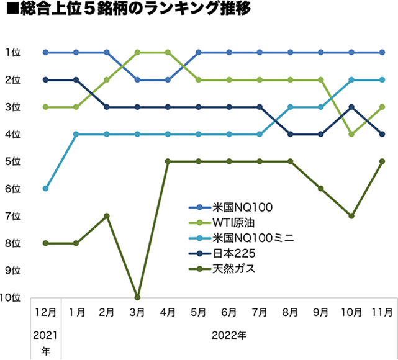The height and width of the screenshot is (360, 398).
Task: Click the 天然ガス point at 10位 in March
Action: (x=137, y=297)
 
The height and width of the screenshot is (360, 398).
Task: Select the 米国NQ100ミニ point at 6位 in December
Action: (x=45, y=188)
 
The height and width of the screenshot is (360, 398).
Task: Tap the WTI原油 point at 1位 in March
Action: (x=137, y=52)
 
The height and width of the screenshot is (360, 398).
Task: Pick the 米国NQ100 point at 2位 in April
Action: (x=168, y=79)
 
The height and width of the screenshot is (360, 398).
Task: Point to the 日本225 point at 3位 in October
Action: (x=351, y=107)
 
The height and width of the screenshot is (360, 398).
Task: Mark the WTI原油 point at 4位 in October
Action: (x=351, y=134)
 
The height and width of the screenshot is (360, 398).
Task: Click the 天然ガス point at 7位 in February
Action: (x=107, y=215)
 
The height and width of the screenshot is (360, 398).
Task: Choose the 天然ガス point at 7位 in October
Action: (x=351, y=215)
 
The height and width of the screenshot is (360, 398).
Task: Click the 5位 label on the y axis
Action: (x=14, y=161)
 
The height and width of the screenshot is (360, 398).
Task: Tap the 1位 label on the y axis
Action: (x=14, y=52)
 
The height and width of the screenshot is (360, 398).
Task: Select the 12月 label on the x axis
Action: (x=45, y=312)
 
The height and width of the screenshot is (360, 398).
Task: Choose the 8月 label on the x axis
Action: (x=290, y=312)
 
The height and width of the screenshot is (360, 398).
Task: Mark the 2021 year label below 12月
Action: (x=45, y=336)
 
